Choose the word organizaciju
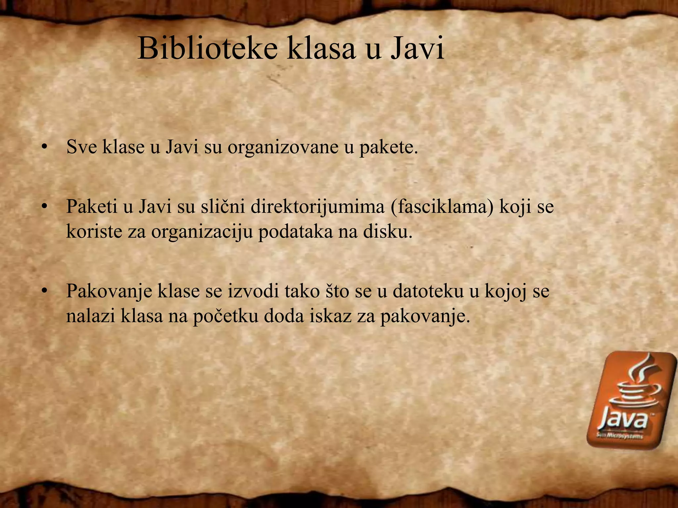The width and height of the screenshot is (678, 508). (202, 232)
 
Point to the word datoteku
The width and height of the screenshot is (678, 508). (427, 291)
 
